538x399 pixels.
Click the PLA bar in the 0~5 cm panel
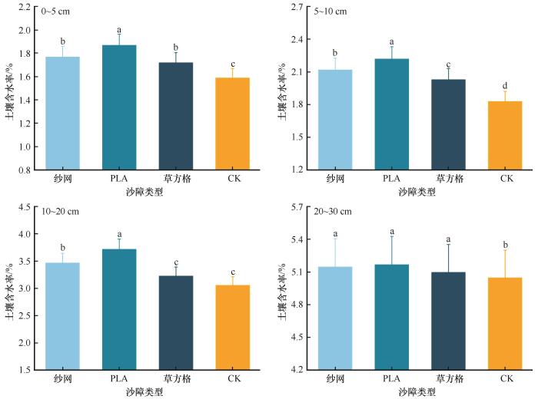pos(119,107)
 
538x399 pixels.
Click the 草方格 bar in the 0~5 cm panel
pos(176,116)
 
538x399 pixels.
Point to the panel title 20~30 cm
pos(334,211)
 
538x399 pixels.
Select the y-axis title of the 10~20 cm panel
pos(11,288)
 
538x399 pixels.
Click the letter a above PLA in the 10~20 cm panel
pos(119,234)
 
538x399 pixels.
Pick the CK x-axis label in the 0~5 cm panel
pos(233,179)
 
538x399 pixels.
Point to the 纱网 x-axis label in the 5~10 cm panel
pos(334,179)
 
